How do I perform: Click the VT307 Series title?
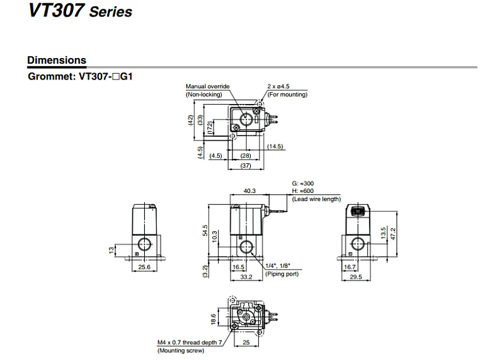coord(81,10)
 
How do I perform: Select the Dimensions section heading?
coord(57,60)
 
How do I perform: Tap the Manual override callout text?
coord(208,86)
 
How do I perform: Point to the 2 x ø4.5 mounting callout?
coord(278,86)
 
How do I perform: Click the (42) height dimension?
coord(191,120)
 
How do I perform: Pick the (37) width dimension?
coord(246,166)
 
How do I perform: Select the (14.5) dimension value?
coord(275,146)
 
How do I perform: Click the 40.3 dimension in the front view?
coord(249,191)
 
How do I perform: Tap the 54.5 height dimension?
coord(205,231)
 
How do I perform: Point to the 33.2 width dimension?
coord(246,277)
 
